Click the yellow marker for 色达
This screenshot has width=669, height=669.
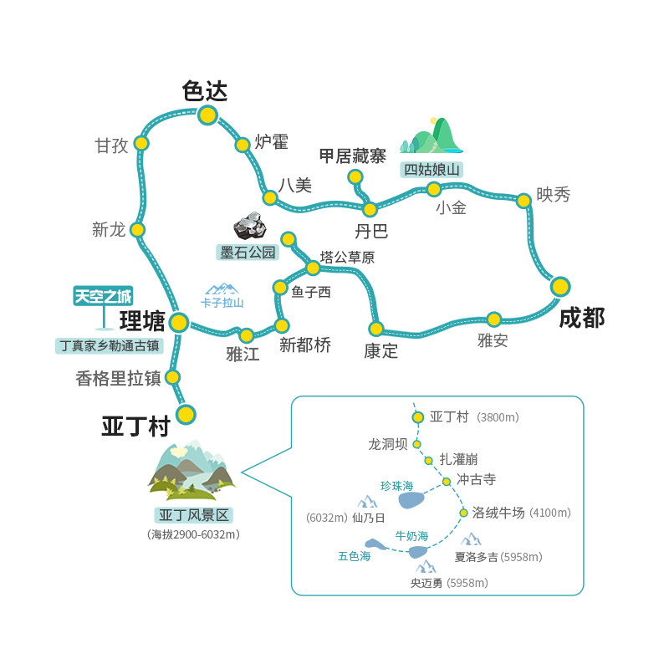coord(207,115)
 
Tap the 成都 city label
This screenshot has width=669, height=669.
coord(581,318)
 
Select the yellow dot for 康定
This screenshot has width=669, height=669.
coord(376,329)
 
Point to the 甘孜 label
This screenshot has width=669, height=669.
coord(111,146)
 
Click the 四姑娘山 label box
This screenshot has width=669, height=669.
coord(432,170)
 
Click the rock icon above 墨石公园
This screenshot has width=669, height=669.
coord(249,226)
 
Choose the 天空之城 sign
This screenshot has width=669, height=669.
coord(103,296)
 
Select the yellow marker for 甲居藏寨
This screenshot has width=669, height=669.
coord(355,176)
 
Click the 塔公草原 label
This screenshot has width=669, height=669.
coord(347,258)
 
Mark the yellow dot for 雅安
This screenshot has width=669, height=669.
coord(494,319)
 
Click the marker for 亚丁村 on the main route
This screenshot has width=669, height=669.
coord(186,414)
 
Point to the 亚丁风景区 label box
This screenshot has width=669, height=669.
coord(193,515)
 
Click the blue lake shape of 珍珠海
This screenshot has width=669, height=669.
coord(411,500)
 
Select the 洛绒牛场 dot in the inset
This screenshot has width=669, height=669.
coord(463,513)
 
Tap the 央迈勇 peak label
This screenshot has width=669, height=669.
coord(426,583)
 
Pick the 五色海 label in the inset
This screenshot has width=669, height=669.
coord(354,556)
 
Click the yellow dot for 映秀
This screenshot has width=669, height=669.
coord(523,201)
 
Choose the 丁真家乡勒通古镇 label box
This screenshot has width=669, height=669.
coord(110,345)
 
